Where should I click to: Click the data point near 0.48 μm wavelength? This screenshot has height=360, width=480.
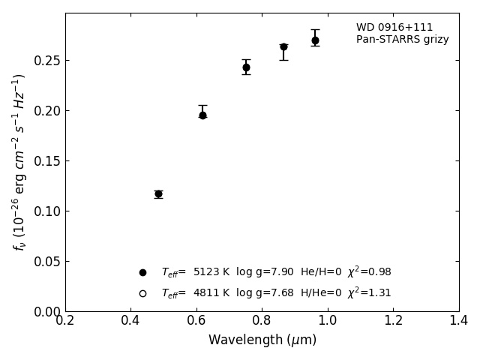pos(158,194)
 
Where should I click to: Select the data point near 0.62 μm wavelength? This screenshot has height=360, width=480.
pos(202,115)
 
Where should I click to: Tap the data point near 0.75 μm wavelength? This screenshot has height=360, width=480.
pos(246,67)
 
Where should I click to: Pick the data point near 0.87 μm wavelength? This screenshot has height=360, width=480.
pos(283,46)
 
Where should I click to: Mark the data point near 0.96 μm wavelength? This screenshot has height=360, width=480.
pos(315,40)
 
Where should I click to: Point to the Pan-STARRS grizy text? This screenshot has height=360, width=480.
pos(402,40)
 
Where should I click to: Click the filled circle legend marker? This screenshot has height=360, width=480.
pos(142,272)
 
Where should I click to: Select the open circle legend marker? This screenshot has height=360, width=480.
pos(142,293)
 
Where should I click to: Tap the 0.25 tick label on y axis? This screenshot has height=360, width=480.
pos(46,61)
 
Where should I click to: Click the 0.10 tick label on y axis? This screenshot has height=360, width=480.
pos(46,211)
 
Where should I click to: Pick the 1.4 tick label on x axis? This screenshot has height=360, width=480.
pos(459,320)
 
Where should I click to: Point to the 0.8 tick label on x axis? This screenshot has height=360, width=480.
pos(262,320)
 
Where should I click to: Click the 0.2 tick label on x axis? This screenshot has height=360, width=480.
pos(65,320)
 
